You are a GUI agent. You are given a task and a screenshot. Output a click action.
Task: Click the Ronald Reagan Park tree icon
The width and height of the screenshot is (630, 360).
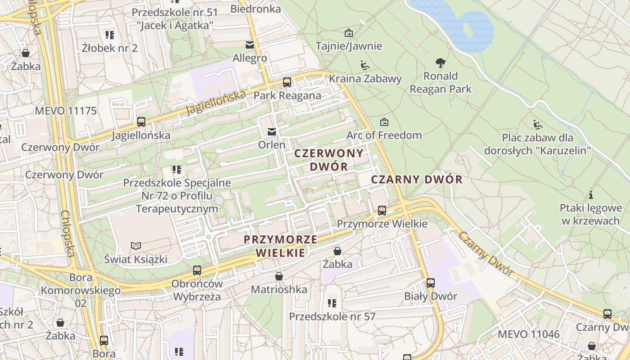click(x=441, y=63)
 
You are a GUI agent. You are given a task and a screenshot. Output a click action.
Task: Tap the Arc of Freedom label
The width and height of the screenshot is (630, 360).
click(x=384, y=135)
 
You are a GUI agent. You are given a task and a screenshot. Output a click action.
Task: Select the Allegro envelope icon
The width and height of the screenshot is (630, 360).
click(x=249, y=45)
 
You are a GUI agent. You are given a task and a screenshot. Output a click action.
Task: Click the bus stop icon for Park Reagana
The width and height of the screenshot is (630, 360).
click(x=287, y=82)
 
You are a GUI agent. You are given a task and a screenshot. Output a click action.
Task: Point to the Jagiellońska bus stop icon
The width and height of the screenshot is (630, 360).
click(x=141, y=121)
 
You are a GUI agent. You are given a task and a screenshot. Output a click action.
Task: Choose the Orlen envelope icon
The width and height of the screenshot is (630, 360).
click(x=272, y=132)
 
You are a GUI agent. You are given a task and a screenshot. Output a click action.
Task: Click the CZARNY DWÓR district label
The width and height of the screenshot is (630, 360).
click(x=417, y=180)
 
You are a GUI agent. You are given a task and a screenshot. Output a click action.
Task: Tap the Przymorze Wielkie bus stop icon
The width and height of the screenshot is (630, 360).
click(x=382, y=210)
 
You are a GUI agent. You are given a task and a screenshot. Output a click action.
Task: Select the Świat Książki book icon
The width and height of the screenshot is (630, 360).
click(x=135, y=246)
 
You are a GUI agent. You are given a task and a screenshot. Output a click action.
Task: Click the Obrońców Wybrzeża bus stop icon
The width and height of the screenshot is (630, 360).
click(x=197, y=270)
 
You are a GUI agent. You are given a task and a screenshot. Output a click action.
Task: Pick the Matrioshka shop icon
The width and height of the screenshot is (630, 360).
click(x=279, y=276)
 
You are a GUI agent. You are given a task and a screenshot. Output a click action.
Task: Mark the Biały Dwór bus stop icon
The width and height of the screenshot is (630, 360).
click(x=431, y=283)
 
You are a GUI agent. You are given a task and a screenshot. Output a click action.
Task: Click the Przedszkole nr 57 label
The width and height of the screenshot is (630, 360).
click(x=332, y=316)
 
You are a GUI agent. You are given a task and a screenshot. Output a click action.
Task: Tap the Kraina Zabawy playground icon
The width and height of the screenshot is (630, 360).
click(x=365, y=66)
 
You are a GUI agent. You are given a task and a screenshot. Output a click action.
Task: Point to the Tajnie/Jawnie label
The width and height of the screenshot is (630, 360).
click(x=349, y=46)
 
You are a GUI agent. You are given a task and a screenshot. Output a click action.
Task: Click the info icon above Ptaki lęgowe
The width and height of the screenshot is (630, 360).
click(x=590, y=195)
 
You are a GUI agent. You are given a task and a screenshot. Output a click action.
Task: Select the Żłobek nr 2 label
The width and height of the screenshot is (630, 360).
click(x=110, y=48)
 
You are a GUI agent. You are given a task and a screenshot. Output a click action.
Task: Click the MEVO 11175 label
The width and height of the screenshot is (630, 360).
click(x=66, y=111)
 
